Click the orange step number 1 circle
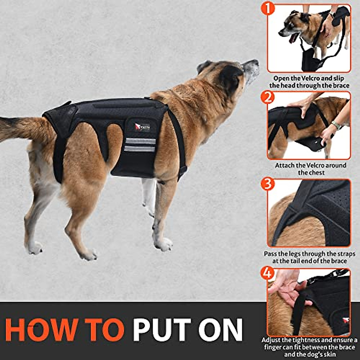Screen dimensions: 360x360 pos(268,8)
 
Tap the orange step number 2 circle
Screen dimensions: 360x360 pos(268,97)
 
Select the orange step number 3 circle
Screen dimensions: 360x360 pos(268,184)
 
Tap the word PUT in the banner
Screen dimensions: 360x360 pos(162,329)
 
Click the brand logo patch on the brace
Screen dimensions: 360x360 pos(142,127)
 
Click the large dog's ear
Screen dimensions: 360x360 pos(230,79)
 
